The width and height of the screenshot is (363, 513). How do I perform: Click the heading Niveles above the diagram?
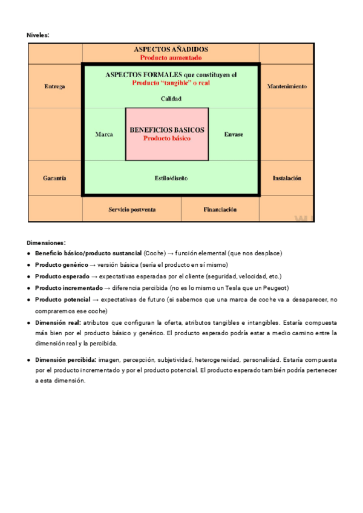point(38,36)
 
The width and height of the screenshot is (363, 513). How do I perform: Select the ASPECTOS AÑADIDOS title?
point(171,49)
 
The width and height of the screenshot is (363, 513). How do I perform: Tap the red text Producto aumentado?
point(171,57)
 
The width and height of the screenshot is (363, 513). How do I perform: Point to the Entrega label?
point(54,87)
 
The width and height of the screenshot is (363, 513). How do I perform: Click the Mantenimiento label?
point(287,87)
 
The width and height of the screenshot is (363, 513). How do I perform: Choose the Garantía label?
point(54,178)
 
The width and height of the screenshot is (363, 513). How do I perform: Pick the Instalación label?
point(287,178)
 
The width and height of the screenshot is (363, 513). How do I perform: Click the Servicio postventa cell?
point(132,209)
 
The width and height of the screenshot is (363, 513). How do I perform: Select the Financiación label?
point(220,209)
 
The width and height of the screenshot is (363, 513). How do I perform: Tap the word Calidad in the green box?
point(171,99)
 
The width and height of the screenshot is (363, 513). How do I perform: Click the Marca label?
point(104,134)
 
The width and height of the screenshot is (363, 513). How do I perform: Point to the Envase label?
point(234,134)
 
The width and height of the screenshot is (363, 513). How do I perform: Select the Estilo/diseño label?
point(171,178)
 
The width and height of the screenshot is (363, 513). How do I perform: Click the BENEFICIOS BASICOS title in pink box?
point(167,130)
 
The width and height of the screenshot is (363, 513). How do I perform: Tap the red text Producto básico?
point(167,138)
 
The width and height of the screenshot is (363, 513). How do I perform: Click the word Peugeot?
point(276,288)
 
